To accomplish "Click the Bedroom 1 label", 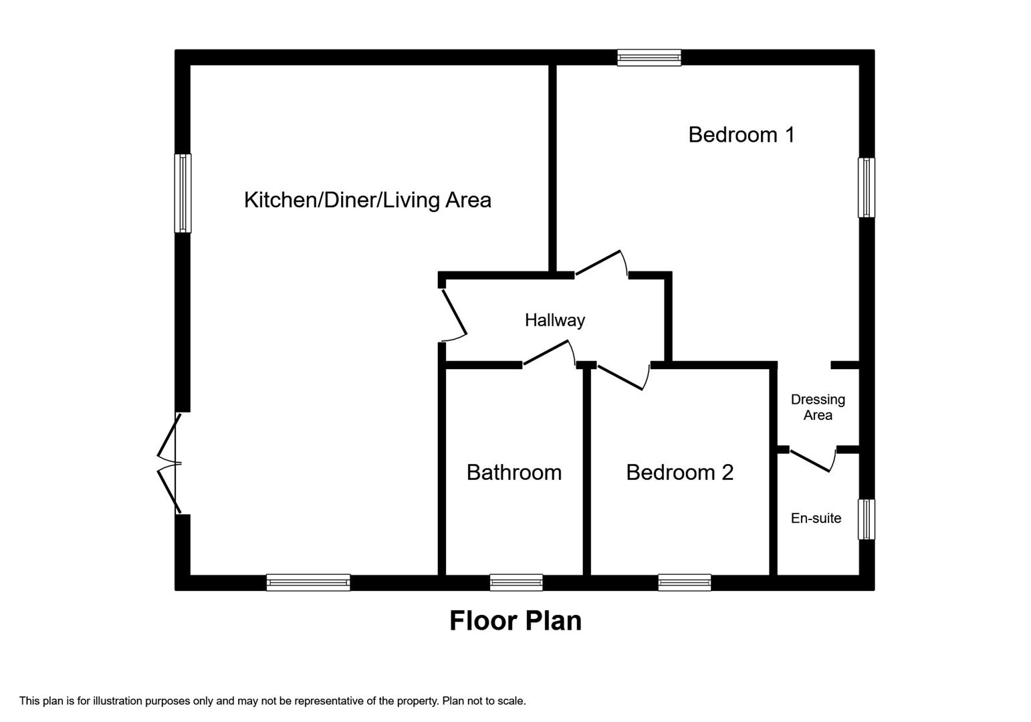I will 741,135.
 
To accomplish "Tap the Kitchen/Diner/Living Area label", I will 367,200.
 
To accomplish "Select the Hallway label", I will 554,320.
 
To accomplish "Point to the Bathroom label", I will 513,473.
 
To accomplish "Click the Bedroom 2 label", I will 679,473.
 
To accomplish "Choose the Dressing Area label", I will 817,407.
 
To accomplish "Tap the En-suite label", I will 816,518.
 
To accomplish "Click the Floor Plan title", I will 515,620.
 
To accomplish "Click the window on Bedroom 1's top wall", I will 649,57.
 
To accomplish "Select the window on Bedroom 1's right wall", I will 866,188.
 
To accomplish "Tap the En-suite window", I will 866,519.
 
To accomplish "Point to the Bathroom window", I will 515,583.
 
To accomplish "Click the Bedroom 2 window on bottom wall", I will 684,583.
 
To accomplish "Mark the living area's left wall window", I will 183,193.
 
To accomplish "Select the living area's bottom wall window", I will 308,583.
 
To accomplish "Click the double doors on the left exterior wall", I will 171,464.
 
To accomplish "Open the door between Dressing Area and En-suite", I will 812,460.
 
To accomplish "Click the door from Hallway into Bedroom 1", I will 601,263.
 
